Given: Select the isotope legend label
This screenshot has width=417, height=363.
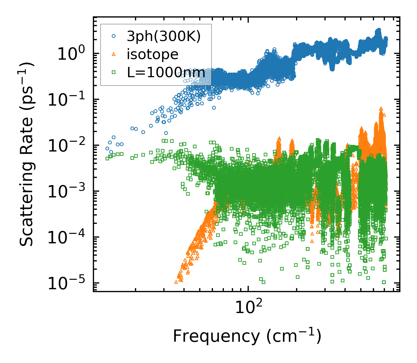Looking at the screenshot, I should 152,54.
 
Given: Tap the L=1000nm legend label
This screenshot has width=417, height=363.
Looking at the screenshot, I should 166,72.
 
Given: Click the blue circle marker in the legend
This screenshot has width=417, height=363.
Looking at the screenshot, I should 114,36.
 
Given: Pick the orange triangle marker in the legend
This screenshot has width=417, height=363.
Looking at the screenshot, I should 114,54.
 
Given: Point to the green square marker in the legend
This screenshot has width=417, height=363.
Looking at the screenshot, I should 114,72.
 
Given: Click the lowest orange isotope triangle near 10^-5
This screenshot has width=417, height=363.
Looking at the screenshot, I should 176,282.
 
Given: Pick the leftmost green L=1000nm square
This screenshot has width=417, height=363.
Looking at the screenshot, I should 107,158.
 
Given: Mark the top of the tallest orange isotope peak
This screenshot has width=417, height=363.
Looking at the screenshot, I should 381,108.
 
